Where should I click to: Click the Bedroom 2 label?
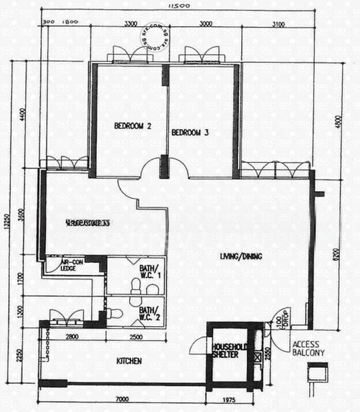pos(132,126)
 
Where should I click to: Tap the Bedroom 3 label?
pos(190,133)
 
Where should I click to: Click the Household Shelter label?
pos(225,350)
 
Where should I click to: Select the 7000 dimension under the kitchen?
pos(123,400)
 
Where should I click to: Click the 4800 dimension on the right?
pos(336,122)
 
